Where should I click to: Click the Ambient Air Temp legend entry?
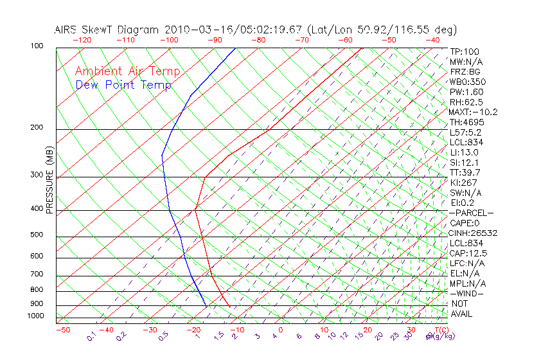[x=127, y=71]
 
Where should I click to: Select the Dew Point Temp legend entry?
[x=123, y=85]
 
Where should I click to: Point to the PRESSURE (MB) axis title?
[x=49, y=180]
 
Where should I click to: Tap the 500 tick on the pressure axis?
[x=37, y=235]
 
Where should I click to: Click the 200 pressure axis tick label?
[x=37, y=128]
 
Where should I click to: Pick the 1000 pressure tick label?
[x=35, y=316]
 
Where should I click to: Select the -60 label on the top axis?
[x=345, y=40]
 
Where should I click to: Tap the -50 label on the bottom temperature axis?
[x=62, y=330]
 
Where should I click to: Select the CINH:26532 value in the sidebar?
[x=474, y=233]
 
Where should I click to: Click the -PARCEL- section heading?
[x=472, y=213]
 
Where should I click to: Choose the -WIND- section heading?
[x=467, y=293]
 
